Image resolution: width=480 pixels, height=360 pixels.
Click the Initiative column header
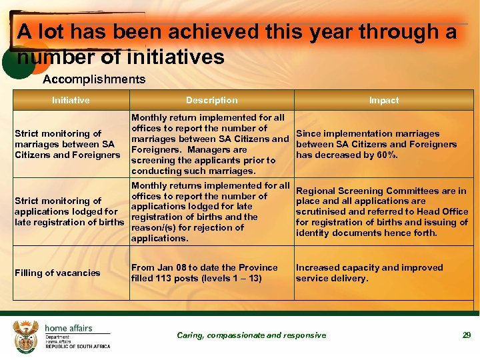pos(71,100)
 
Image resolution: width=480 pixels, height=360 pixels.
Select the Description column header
pos(211,100)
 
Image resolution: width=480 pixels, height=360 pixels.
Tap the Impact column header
pos(384,100)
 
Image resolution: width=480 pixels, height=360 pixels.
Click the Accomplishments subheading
pos(94,80)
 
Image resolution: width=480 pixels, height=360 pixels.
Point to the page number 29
pos(467,335)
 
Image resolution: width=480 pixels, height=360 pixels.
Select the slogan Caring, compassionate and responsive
pos(251,335)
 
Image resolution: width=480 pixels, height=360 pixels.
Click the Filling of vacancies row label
pos(57,273)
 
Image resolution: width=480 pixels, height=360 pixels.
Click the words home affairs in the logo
pos(68,328)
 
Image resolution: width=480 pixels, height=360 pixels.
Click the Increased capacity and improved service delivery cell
pos(369,273)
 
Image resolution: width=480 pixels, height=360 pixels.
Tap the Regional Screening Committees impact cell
pos(381,211)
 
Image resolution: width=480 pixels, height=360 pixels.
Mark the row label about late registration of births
pos(69,211)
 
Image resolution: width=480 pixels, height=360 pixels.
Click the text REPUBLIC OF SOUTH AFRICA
pos(77,347)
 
